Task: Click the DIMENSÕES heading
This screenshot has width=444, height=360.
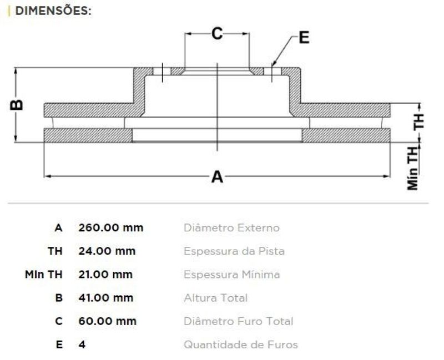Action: click(x=53, y=11)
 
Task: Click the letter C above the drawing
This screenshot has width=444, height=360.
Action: click(x=217, y=33)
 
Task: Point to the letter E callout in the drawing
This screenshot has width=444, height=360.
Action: click(x=304, y=37)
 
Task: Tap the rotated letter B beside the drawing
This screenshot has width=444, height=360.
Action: click(x=17, y=105)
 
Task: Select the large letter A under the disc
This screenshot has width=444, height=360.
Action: click(x=217, y=176)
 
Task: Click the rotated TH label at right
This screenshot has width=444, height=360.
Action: click(x=418, y=121)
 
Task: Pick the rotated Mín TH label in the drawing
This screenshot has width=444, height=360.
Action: click(x=413, y=169)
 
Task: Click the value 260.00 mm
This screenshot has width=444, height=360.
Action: click(x=110, y=227)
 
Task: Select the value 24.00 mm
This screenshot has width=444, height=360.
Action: click(x=107, y=251)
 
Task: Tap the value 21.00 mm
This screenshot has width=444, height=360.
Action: click(x=105, y=275)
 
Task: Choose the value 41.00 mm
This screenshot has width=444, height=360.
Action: click(x=106, y=298)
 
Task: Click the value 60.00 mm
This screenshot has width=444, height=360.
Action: click(x=107, y=321)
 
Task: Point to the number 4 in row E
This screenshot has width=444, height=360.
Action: click(x=82, y=344)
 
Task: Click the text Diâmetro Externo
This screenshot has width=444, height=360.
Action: click(x=231, y=227)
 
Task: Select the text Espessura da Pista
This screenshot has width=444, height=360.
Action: click(x=234, y=251)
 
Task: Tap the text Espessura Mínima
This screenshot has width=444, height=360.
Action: click(x=231, y=275)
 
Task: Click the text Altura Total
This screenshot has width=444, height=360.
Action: click(x=216, y=298)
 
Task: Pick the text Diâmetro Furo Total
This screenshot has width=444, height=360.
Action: click(x=239, y=321)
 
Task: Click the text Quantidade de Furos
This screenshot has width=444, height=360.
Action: click(x=241, y=344)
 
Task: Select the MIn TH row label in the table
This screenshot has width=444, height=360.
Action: click(x=44, y=275)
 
